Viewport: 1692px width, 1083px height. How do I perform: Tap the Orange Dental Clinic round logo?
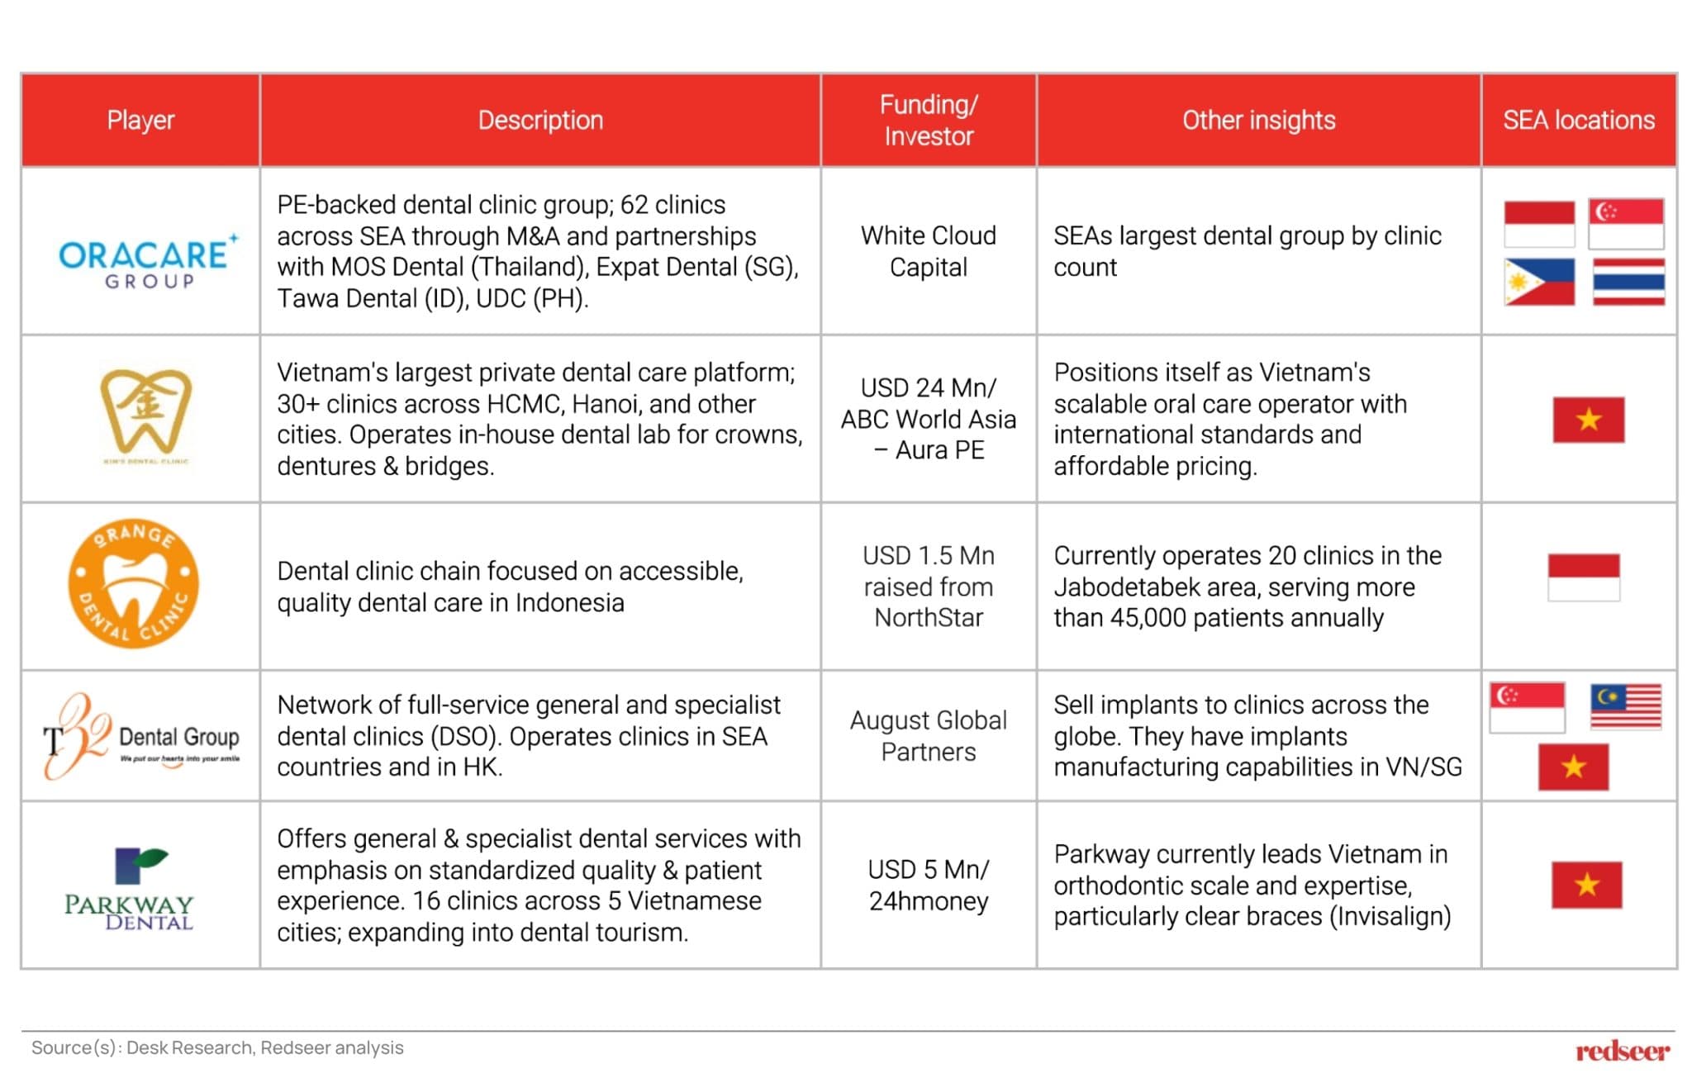[134, 584]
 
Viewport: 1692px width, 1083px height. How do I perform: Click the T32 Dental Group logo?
[140, 736]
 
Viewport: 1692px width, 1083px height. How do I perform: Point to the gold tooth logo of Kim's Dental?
[146, 413]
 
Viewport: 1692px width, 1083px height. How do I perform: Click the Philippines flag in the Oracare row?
[1539, 282]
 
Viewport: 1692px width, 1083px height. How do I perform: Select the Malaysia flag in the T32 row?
[1626, 706]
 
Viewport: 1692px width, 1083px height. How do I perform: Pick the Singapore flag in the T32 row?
[1527, 707]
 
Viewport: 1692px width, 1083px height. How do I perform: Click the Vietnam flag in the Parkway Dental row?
[1586, 885]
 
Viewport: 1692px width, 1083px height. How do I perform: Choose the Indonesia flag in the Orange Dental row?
[1583, 577]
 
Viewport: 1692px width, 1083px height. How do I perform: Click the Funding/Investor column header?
[928, 121]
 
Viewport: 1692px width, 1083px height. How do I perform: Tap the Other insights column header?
[1258, 121]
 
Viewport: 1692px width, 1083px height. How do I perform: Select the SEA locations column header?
[1578, 121]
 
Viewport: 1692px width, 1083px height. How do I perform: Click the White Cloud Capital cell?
[928, 251]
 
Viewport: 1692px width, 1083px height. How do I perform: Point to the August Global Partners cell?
[928, 736]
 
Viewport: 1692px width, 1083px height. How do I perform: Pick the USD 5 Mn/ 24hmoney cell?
[928, 885]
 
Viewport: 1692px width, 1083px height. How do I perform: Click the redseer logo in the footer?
[1622, 1051]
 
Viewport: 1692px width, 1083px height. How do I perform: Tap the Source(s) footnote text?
[217, 1047]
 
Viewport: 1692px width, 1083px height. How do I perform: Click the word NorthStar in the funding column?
[929, 618]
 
